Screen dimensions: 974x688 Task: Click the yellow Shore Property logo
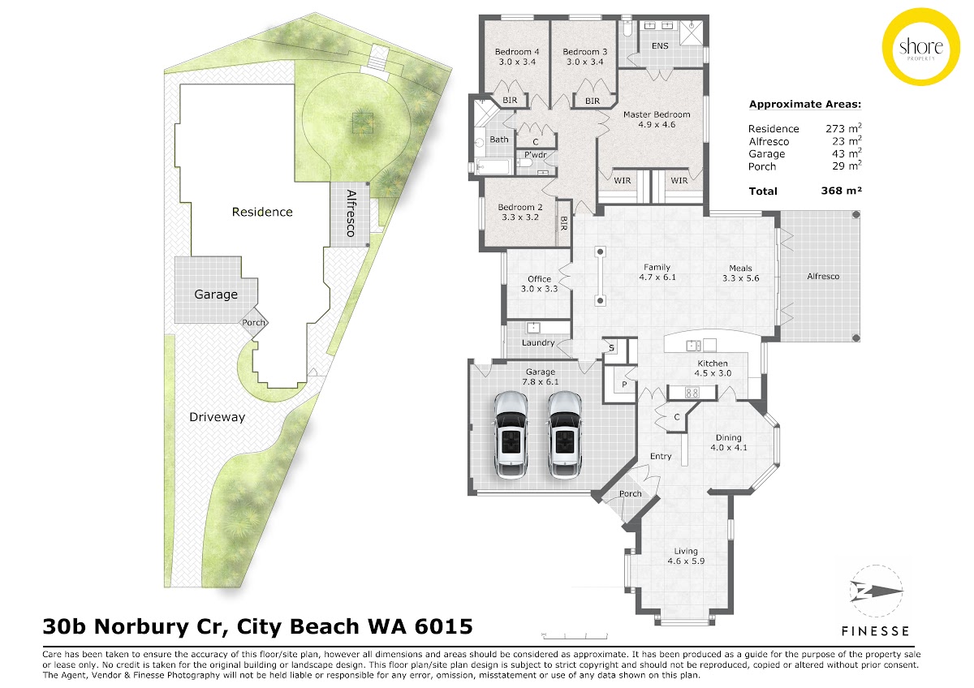click(921, 46)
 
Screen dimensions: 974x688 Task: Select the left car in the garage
click(511, 434)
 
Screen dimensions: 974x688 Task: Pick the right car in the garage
click(564, 434)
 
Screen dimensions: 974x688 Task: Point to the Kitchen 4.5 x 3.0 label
click(713, 368)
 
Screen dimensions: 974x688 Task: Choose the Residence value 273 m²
click(843, 128)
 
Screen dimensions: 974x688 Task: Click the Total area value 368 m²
click(841, 191)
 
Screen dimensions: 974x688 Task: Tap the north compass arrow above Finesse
click(877, 591)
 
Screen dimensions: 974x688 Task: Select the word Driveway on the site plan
click(217, 417)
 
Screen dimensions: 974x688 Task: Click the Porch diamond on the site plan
click(253, 322)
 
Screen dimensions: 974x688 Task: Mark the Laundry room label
click(538, 343)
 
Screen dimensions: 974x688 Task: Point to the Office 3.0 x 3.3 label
click(539, 284)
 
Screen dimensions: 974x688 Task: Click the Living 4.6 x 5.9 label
click(686, 557)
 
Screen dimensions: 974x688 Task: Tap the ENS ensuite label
click(660, 45)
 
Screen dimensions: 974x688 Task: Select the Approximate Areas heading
click(805, 105)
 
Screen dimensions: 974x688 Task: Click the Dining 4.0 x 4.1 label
click(729, 442)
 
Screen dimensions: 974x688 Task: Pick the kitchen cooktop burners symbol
click(692, 393)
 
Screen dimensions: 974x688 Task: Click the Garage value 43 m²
click(847, 153)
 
